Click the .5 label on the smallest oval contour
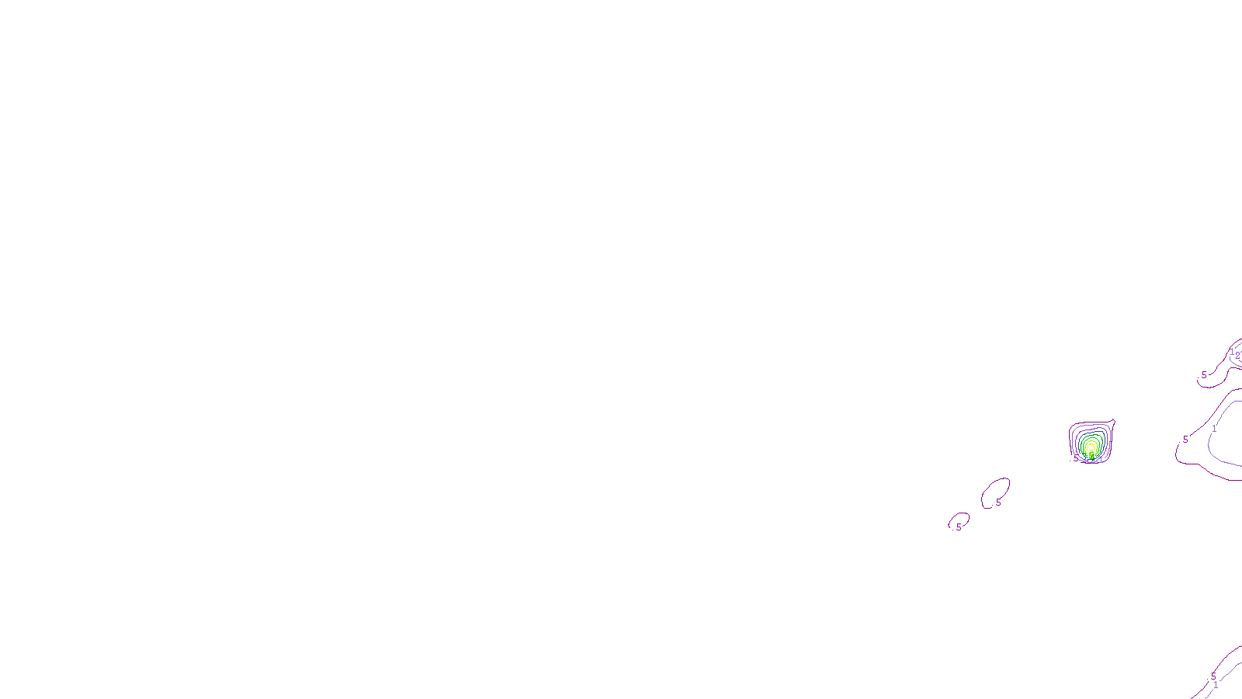click(x=959, y=527)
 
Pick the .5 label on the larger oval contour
click(x=997, y=503)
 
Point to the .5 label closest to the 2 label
click(x=1204, y=376)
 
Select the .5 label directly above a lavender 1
click(x=1213, y=676)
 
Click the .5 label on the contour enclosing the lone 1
click(x=1185, y=440)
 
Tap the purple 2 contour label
click(x=1237, y=356)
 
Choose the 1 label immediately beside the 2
click(x=1231, y=352)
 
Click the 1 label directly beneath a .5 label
click(x=1216, y=685)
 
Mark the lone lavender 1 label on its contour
click(x=1214, y=429)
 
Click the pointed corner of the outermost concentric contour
click(x=1114, y=421)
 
